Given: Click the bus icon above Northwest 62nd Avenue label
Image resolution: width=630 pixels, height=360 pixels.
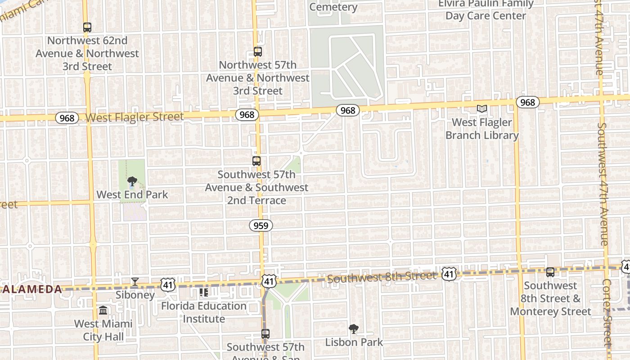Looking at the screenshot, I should pyautogui.click(x=87, y=27).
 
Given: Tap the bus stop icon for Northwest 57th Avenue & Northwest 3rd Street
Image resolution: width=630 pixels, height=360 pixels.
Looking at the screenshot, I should pyautogui.click(x=258, y=52).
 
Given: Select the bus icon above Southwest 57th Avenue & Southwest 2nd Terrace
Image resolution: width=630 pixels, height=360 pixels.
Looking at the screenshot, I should pyautogui.click(x=256, y=161).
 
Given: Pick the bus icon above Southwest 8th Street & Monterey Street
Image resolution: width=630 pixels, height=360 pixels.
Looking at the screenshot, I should pyautogui.click(x=550, y=272).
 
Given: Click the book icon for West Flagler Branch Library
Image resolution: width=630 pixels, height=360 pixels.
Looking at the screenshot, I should pyautogui.click(x=482, y=108).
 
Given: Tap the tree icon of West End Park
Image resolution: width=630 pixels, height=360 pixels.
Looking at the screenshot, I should pyautogui.click(x=132, y=181).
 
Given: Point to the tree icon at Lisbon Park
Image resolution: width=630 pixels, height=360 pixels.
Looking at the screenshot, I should pyautogui.click(x=354, y=329).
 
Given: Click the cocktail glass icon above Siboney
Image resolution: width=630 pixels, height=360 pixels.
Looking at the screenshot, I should pyautogui.click(x=135, y=282).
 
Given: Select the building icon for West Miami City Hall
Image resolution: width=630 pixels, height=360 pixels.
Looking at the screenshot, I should pyautogui.click(x=103, y=310).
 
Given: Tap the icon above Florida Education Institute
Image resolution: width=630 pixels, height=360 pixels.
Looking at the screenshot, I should pyautogui.click(x=204, y=292).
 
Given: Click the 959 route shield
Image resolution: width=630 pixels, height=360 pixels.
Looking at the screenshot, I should pyautogui.click(x=261, y=225).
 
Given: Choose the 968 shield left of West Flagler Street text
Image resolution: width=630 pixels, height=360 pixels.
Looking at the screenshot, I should pyautogui.click(x=67, y=118).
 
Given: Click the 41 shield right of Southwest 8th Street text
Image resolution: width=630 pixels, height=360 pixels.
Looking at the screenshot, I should pyautogui.click(x=449, y=274).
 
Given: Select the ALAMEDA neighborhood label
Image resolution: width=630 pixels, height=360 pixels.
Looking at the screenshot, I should pyautogui.click(x=31, y=289).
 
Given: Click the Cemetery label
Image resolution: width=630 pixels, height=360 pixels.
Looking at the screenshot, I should pyautogui.click(x=333, y=7).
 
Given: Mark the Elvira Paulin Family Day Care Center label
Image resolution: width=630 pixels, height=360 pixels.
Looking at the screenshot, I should pyautogui.click(x=486, y=10).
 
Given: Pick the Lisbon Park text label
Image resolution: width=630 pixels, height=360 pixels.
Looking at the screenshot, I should pyautogui.click(x=354, y=342).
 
